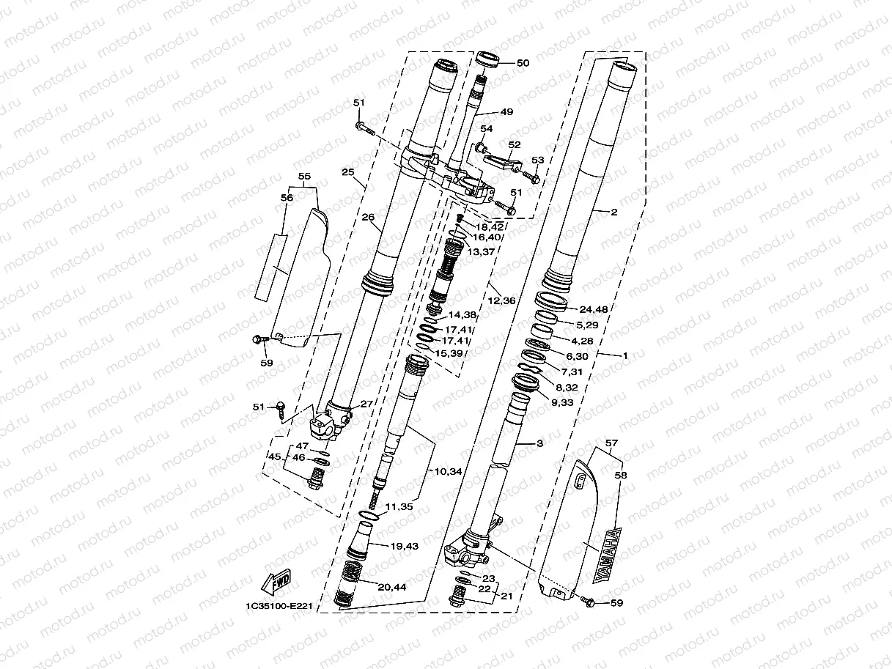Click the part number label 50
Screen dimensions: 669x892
[x=523, y=63]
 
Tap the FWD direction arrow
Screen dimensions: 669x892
[x=277, y=583]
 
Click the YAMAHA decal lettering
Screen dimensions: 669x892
[x=610, y=555]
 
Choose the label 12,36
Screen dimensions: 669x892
[x=502, y=300]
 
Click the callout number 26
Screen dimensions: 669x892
[x=368, y=217]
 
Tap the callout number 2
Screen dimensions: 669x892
[x=613, y=212]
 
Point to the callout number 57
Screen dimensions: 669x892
[x=613, y=444]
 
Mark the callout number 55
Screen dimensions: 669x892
[x=305, y=177]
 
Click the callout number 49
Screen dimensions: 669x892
[x=506, y=113]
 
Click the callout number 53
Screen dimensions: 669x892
[x=538, y=160]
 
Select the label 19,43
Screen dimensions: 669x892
[x=405, y=547]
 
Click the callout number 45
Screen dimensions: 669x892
[x=274, y=457]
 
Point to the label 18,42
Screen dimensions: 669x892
[x=489, y=227]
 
